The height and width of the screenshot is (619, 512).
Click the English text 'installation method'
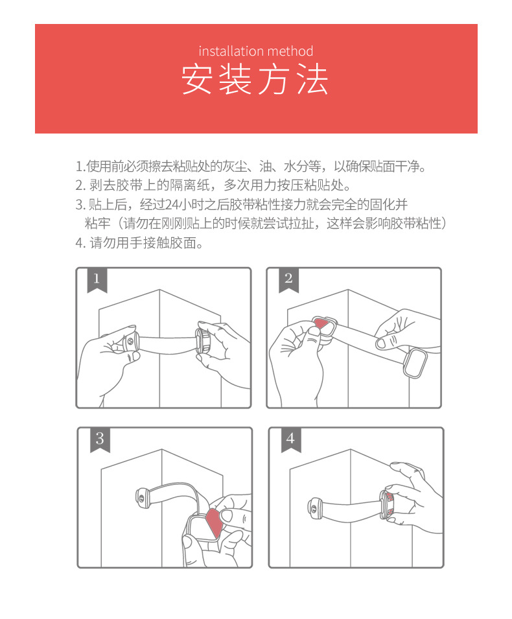255,51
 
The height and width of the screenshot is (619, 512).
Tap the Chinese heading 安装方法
255,80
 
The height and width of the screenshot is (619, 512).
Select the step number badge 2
288,279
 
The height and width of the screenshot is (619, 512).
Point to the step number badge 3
99,439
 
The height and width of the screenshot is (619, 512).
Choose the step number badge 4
290,439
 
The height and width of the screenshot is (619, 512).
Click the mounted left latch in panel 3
143,497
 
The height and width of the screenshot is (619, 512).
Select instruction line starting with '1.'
250,166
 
